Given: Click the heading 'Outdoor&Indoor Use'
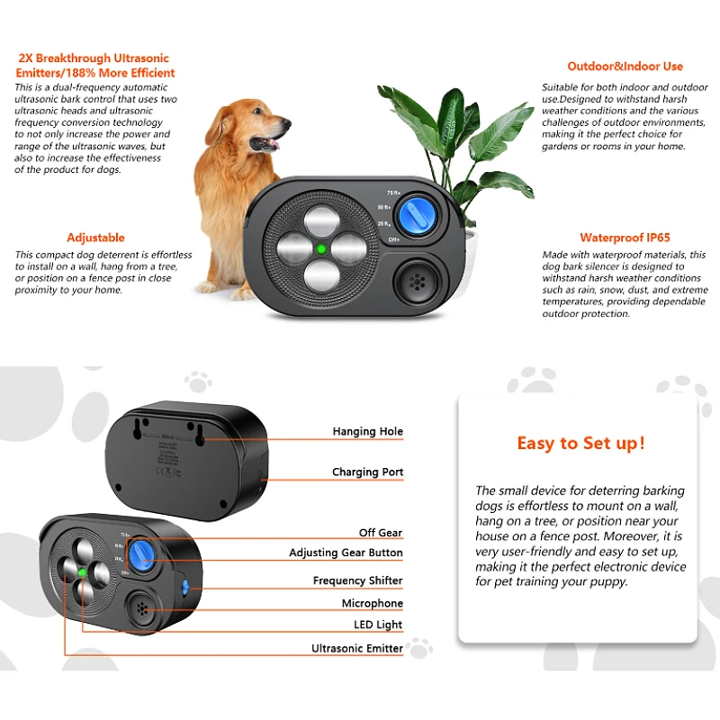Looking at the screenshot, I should pos(625,67).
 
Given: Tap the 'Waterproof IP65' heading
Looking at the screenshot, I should pos(625,238).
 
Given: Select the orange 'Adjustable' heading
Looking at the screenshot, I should pos(95,238).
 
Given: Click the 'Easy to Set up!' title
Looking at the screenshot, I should pos(580,443).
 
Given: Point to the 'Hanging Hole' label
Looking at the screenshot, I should pos(367,432).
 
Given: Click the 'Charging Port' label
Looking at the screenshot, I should pos(367,472).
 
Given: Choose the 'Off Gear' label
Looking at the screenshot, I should pos(380,533).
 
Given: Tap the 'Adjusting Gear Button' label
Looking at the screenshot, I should pos(346,553).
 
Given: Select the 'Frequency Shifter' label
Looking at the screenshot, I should pos(357,581).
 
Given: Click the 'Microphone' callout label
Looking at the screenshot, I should pos(372,603).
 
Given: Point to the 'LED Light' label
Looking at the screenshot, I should pos(377,625).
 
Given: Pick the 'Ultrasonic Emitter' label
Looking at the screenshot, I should pos(356,648).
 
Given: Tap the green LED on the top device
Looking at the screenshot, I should pos(319,248).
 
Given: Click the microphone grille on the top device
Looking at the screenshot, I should pos(417,281).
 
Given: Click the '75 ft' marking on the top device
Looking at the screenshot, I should pos(392,193).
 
